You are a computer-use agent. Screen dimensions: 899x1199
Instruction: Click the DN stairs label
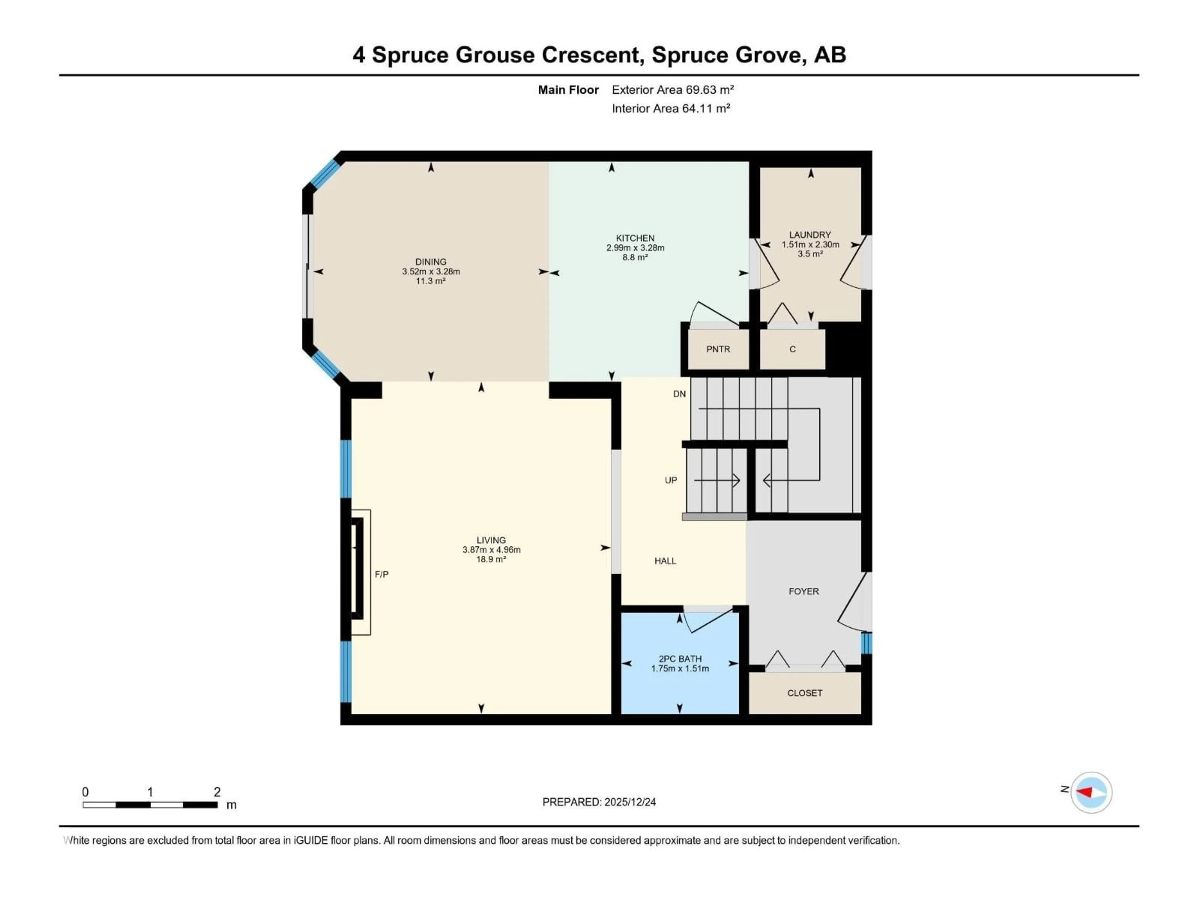pyautogui.click(x=679, y=394)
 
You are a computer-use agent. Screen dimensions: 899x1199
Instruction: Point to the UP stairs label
pyautogui.click(x=670, y=480)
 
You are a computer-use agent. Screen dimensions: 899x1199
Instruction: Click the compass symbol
pyautogui.click(x=1091, y=792)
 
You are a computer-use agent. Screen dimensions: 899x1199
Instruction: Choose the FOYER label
pyautogui.click(x=803, y=591)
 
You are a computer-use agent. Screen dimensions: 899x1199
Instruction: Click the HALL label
pyautogui.click(x=665, y=561)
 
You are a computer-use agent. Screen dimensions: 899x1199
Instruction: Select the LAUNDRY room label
pyautogui.click(x=810, y=235)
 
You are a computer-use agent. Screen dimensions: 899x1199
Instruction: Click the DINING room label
pyautogui.click(x=431, y=262)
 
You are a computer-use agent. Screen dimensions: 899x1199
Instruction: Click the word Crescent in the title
pyautogui.click(x=593, y=55)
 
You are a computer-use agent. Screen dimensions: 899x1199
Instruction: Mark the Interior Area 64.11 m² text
pyautogui.click(x=670, y=108)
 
